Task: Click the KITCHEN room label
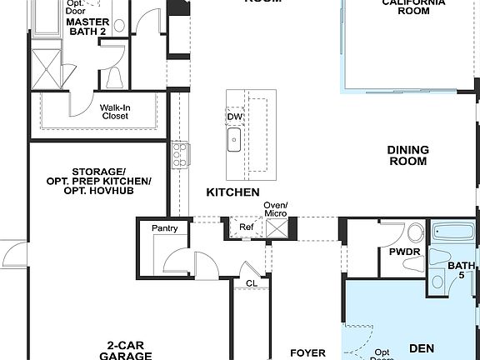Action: point(232,192)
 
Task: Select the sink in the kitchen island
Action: point(234,139)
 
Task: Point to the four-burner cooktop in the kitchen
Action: point(178,153)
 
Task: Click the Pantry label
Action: point(165,228)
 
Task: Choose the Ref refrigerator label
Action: point(247,227)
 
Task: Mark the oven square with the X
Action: point(276,227)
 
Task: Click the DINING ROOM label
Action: point(407,156)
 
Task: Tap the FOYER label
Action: point(307,352)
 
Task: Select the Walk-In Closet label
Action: point(114,112)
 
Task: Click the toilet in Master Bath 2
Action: point(115,77)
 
